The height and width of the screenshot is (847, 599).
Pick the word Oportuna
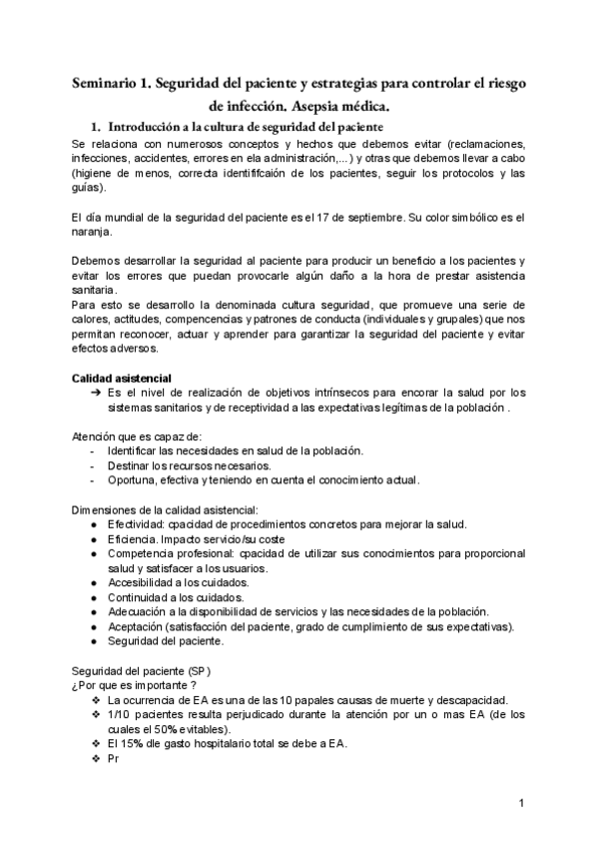click(x=131, y=479)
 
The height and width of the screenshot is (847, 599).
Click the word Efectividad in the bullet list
click(x=136, y=525)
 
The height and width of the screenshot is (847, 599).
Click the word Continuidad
click(x=136, y=597)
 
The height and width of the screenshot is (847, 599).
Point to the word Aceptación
click(x=135, y=626)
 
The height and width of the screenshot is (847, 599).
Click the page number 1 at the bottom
click(x=523, y=803)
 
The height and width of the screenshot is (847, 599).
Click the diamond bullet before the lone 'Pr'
click(x=95, y=758)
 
